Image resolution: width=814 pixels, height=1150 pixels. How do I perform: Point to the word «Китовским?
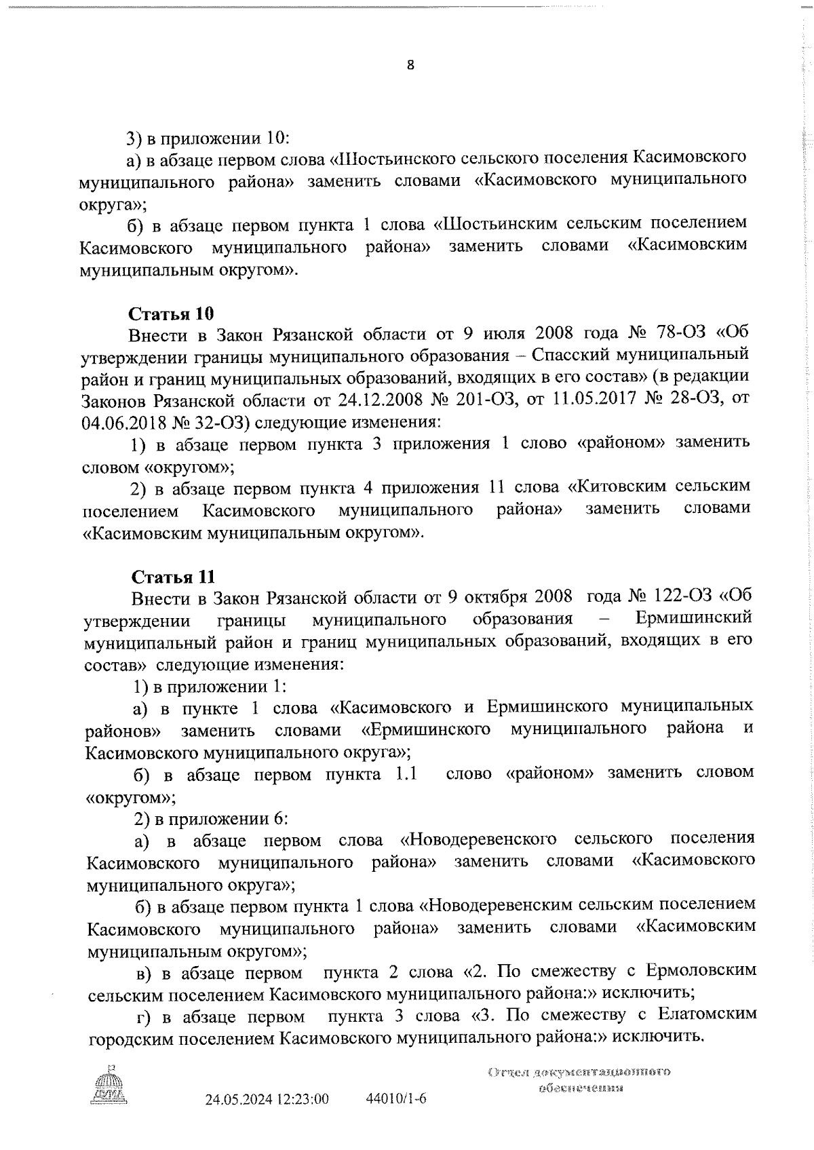[615, 486]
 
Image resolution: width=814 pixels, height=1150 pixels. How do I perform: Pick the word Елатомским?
[705, 1016]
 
